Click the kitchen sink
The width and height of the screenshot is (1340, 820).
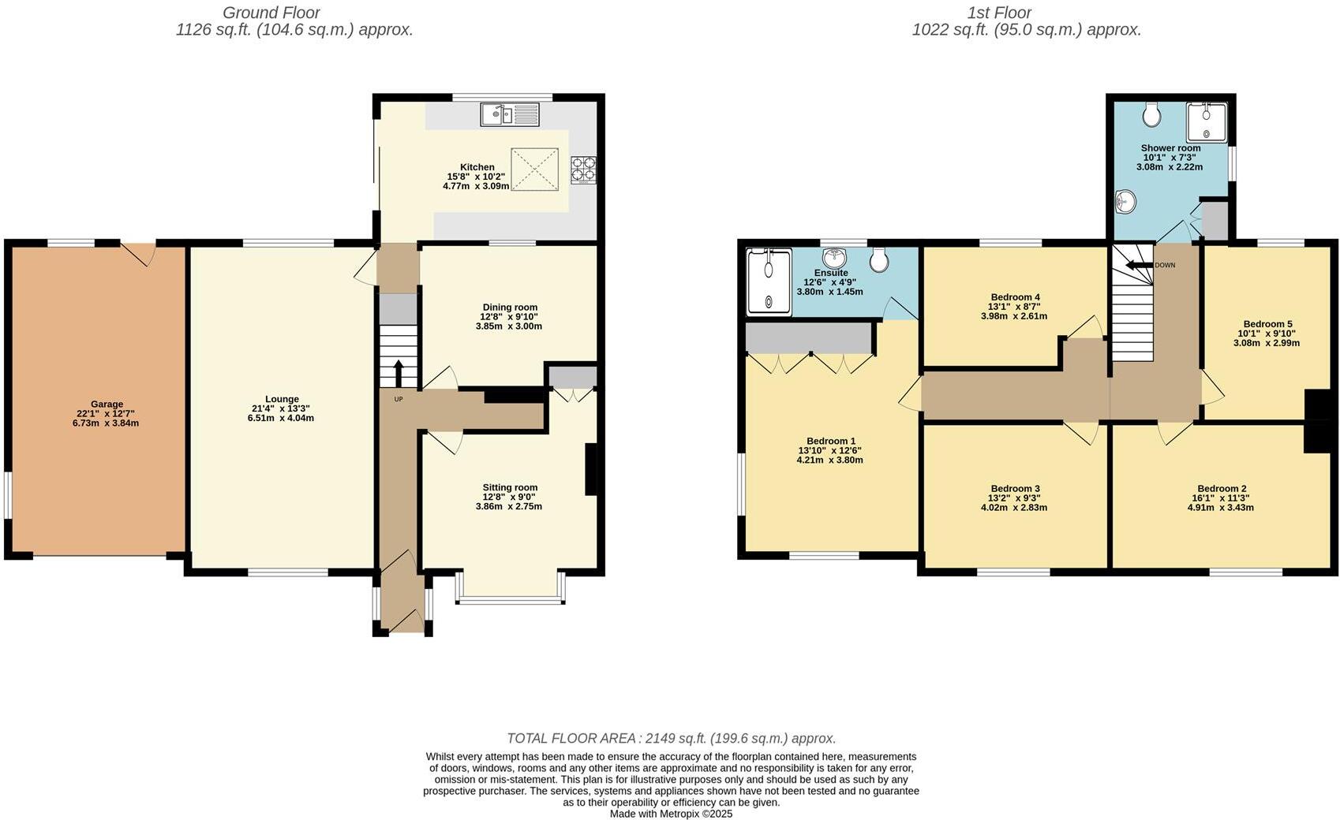pos(510,114)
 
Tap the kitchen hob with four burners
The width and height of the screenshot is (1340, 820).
pos(583,170)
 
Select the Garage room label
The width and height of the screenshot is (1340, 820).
pos(107,404)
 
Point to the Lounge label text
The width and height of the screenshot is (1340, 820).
pos(282,399)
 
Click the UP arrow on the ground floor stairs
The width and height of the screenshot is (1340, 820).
pos(399,374)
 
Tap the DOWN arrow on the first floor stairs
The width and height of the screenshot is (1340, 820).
pos(1139,266)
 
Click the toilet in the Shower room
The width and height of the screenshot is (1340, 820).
pos(1151,115)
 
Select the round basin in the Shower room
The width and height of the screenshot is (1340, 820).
pos(1125,202)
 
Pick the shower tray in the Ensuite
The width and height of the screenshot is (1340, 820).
pos(769,281)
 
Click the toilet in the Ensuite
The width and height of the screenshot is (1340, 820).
pos(879,259)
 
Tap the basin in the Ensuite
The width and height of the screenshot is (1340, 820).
pos(834,258)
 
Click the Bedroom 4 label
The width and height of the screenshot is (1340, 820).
pos(1015,297)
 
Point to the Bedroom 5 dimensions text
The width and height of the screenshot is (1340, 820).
pos(1267,338)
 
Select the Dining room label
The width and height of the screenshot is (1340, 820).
pos(511,307)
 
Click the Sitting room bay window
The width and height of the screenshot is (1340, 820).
pos(511,589)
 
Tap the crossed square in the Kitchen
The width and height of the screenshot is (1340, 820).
pos(535,170)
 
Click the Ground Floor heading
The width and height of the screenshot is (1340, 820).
pos(271,13)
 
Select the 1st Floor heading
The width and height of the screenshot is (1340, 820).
pos(1000,13)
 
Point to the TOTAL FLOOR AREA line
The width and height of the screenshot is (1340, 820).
pos(672,739)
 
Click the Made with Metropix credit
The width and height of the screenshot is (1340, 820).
pos(672,814)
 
